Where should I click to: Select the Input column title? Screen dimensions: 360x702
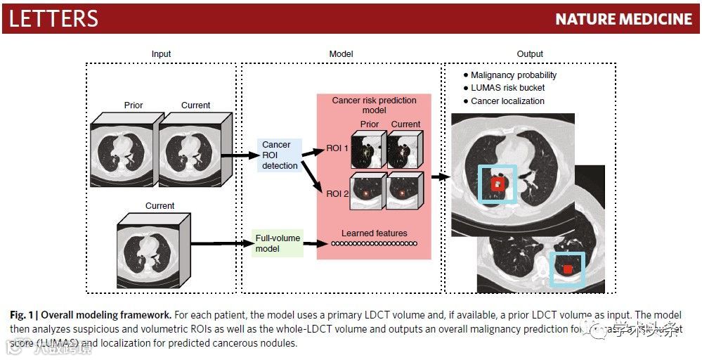click(x=161, y=54)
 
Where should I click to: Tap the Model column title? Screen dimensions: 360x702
click(x=341, y=54)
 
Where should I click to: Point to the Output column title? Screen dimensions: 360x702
click(x=529, y=54)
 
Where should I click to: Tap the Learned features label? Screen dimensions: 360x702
click(x=374, y=233)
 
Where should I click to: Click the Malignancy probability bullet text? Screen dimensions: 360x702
click(x=513, y=75)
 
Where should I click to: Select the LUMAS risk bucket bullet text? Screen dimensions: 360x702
click(x=507, y=88)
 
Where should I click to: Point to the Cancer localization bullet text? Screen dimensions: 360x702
click(x=507, y=101)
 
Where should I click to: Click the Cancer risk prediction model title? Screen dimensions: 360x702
click(x=374, y=105)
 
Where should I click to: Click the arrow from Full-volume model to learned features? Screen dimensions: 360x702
click(x=312, y=244)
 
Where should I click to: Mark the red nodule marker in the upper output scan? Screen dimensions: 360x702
click(x=498, y=184)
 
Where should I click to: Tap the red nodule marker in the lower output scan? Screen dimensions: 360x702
click(x=568, y=269)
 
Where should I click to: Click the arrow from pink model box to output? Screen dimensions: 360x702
click(x=440, y=176)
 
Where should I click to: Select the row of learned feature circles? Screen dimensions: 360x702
click(x=374, y=244)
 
